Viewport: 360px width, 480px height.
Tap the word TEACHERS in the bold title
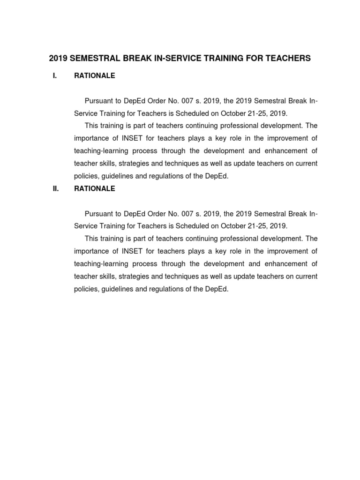(x=284, y=59)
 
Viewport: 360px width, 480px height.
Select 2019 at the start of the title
(x=58, y=59)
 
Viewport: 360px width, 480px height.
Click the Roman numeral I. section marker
(x=55, y=75)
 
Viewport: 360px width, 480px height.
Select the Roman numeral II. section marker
(x=55, y=189)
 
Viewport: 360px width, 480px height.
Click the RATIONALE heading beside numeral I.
(x=94, y=75)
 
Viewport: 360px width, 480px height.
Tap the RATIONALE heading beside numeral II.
(x=94, y=189)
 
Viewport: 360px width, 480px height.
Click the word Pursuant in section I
(x=98, y=101)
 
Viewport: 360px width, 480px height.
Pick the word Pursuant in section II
(x=98, y=214)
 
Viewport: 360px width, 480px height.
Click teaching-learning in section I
(x=102, y=151)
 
